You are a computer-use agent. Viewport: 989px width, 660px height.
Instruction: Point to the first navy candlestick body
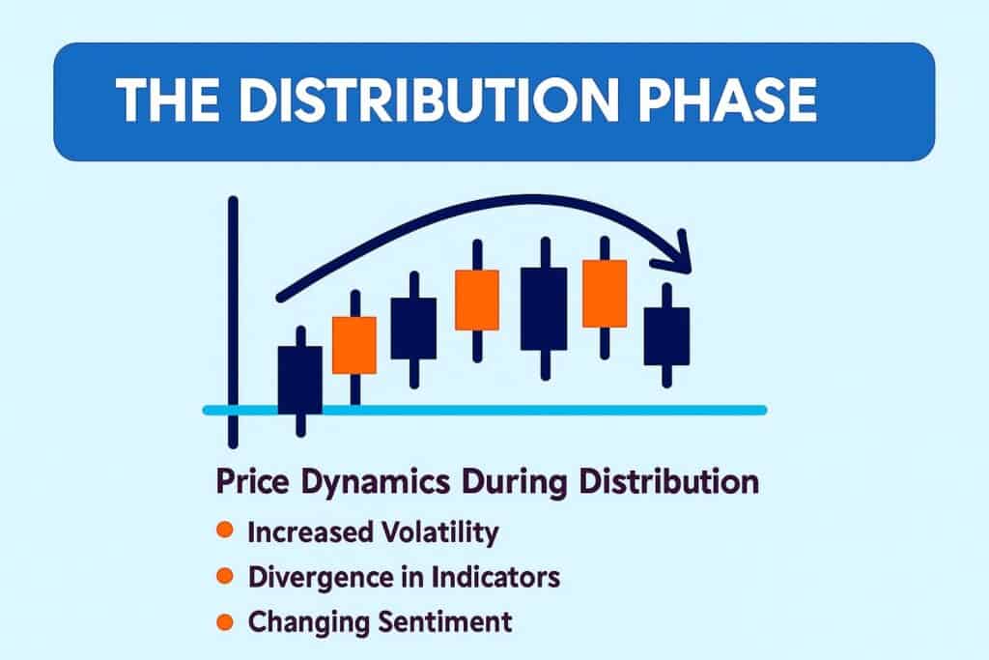click(299, 380)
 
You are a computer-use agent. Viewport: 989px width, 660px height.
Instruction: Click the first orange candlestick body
click(354, 344)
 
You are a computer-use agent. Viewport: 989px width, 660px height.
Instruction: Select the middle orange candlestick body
click(476, 301)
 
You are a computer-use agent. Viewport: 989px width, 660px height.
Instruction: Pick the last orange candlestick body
click(605, 294)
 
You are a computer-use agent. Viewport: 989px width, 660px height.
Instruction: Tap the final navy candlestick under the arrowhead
click(666, 335)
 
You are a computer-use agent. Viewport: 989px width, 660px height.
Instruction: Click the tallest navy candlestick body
click(544, 308)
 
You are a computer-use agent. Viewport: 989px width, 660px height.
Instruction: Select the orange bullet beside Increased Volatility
click(224, 531)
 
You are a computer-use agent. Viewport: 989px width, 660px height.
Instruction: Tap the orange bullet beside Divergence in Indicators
click(224, 576)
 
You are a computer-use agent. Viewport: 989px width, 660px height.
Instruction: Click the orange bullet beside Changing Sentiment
click(224, 621)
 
